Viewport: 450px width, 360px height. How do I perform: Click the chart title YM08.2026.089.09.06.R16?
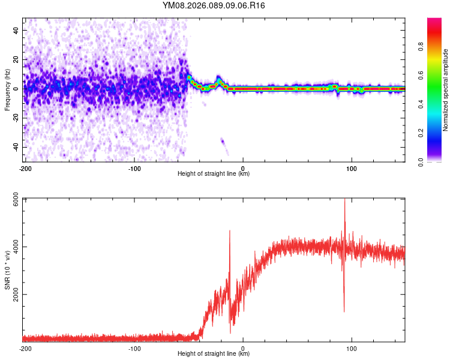214,5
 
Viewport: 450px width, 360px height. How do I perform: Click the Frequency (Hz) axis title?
7,90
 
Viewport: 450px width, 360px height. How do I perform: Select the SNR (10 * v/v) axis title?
7,271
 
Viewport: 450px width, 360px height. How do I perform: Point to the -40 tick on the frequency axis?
14,147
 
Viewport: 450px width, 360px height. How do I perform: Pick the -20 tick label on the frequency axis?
14,118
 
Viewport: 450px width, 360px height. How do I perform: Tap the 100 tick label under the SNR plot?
352,348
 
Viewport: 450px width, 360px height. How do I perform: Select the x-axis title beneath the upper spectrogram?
214,173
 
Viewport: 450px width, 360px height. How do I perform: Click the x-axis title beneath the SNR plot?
214,354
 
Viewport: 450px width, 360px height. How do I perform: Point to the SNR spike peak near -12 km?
229,232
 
